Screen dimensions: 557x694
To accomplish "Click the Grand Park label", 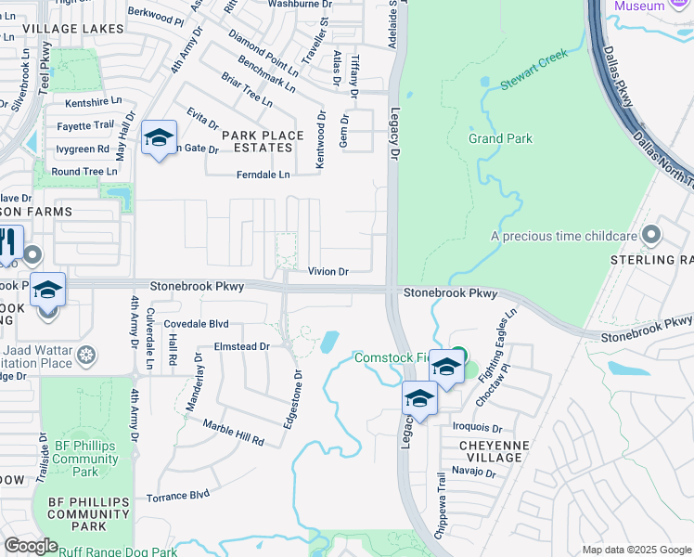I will [500, 138].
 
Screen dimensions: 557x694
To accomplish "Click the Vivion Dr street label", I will [328, 272].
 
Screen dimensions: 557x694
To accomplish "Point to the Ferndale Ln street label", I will [263, 174].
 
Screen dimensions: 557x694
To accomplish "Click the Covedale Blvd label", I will [196, 324].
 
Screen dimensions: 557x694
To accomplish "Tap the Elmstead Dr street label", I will [241, 345].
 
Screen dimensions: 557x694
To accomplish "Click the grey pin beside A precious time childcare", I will [652, 235].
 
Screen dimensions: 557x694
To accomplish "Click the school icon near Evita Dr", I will [159, 138].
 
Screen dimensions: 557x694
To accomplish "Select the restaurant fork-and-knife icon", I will [7, 243].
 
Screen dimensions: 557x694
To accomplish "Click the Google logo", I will [31, 546].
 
